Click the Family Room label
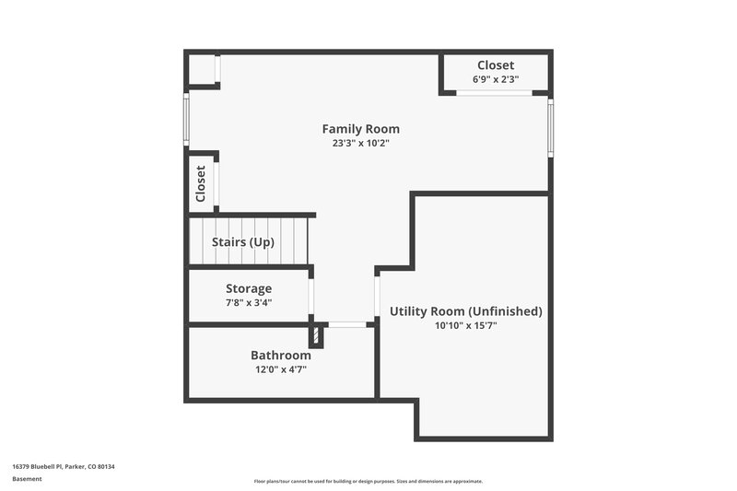[x=360, y=129]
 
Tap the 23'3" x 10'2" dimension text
[x=360, y=143]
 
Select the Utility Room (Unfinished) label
[x=465, y=311]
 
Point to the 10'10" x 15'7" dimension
[x=465, y=325]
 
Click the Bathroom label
[x=281, y=356]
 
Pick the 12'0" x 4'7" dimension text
[x=281, y=369]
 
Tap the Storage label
[x=249, y=288]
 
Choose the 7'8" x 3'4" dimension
[x=249, y=302]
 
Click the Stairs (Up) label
[x=243, y=242]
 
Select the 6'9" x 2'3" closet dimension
[x=496, y=79]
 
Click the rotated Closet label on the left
[x=201, y=183]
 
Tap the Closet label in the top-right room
[x=496, y=65]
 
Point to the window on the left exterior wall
[x=186, y=121]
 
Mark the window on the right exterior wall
[x=551, y=130]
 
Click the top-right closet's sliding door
[x=495, y=93]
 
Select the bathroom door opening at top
[x=346, y=324]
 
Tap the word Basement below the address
[x=27, y=480]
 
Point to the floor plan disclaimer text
[x=368, y=481]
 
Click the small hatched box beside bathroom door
[x=315, y=333]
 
